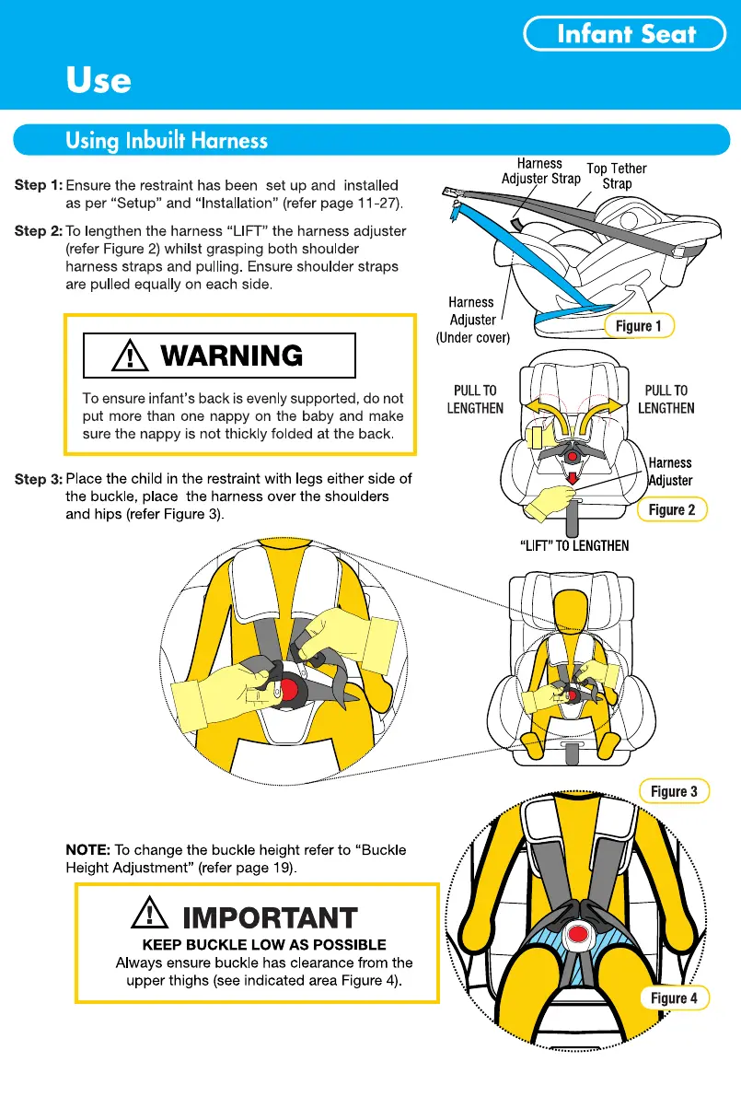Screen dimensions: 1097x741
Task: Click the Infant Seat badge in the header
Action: (x=625, y=35)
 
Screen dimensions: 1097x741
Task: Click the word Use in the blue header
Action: (x=98, y=80)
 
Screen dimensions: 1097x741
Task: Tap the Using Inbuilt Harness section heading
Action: (x=167, y=141)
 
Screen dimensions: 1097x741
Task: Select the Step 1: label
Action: (x=38, y=186)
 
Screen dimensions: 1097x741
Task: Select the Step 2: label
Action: (x=38, y=230)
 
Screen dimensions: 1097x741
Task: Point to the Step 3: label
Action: (x=38, y=479)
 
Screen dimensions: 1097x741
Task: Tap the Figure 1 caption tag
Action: (x=638, y=325)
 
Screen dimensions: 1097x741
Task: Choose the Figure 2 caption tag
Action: (x=672, y=509)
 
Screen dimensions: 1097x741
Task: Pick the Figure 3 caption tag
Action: (x=673, y=791)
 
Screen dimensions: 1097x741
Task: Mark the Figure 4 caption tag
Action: (x=673, y=998)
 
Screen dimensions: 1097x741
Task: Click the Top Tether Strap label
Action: (x=617, y=176)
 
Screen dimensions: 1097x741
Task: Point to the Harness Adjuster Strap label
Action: (x=540, y=171)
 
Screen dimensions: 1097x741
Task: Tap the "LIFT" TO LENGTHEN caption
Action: (x=574, y=545)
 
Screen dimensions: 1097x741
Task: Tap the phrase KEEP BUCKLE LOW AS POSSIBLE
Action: (x=264, y=944)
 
